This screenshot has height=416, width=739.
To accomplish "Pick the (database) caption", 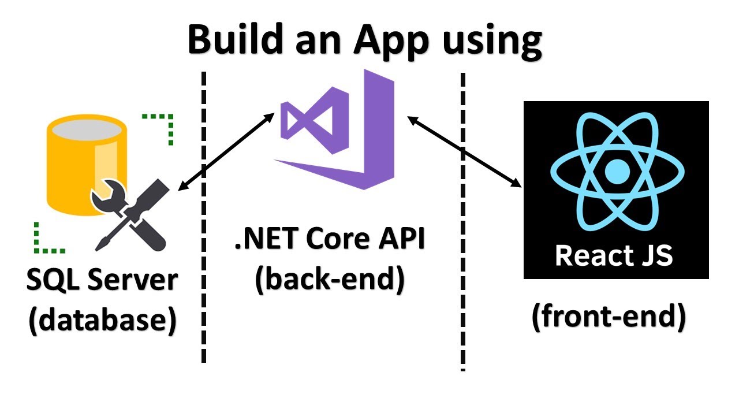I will point(102,320).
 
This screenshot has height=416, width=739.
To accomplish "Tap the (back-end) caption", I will point(330,279).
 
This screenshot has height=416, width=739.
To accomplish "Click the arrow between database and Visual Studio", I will point(226,151).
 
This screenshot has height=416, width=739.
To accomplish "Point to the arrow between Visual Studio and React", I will point(464,151).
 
